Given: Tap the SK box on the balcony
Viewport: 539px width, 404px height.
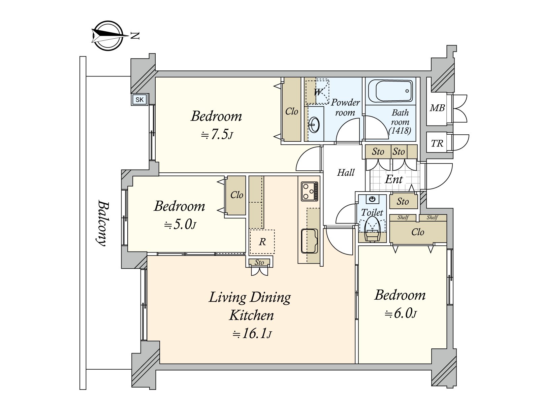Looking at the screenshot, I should point(139,100).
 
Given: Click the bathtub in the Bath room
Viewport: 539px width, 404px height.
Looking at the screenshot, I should point(390,91).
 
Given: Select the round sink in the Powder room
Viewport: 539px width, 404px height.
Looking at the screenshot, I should point(314,125).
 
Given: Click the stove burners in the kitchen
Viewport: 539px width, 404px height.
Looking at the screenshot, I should point(309,191).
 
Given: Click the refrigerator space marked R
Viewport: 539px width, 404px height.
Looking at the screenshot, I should point(262,242).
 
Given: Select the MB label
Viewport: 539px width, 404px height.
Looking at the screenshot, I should point(437,108).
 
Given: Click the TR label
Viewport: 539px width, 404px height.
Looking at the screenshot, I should point(437,143).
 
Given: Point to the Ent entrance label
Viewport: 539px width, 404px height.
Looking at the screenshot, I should point(394,179).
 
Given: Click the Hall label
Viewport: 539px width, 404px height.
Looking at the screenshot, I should point(346,173).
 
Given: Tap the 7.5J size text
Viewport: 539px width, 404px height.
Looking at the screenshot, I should point(217,135).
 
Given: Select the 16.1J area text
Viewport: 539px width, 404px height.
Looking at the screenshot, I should point(252,334).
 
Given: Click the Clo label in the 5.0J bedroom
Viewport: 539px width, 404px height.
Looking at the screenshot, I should point(236,195).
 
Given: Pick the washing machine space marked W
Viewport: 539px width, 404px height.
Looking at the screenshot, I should point(317,92).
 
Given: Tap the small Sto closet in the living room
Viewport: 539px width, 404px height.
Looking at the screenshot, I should point(259,262).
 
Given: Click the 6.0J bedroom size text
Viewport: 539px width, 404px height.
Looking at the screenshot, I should point(401,314).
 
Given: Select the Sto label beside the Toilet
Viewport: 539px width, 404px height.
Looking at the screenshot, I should point(403,201).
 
